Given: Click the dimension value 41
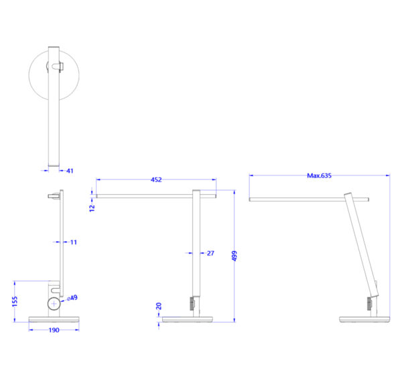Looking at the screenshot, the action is pyautogui.click(x=70, y=171).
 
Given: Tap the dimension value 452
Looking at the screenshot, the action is pyautogui.click(x=156, y=179).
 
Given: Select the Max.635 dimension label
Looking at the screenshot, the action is pyautogui.click(x=319, y=175).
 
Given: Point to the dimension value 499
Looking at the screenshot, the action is pyautogui.click(x=234, y=256).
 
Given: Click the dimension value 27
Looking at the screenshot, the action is pyautogui.click(x=210, y=253).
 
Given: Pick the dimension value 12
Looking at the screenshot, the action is pyautogui.click(x=92, y=208).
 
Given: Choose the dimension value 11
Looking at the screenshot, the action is pyautogui.click(x=74, y=242).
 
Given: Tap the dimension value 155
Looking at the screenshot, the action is pyautogui.click(x=15, y=301).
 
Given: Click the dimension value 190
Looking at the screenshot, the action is pyautogui.click(x=54, y=330).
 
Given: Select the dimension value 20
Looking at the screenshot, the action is pyautogui.click(x=159, y=306).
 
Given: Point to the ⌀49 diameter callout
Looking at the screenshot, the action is pyautogui.click(x=72, y=298).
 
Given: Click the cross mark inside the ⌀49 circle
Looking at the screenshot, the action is pyautogui.click(x=54, y=304).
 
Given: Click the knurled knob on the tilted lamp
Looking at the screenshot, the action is pyautogui.click(x=369, y=303).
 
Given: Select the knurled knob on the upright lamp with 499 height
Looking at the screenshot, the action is pyautogui.click(x=192, y=303).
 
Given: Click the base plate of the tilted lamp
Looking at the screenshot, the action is pyautogui.click(x=364, y=319).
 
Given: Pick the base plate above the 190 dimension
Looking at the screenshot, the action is pyautogui.click(x=54, y=319).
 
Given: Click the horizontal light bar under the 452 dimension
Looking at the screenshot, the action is pyautogui.click(x=143, y=196).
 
